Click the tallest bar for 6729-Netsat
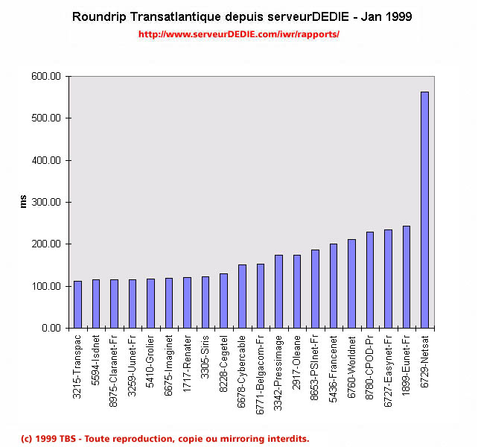coord(424,209)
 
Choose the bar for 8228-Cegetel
coord(223,300)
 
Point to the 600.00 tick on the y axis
coord(45,76)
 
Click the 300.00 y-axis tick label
coord(45,202)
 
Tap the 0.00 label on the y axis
coord(50,328)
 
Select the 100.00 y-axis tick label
coord(45,286)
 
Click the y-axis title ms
coord(22,202)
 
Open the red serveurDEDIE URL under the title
coord(239,34)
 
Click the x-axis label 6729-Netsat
coord(424,361)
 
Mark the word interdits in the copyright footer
coord(287,438)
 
